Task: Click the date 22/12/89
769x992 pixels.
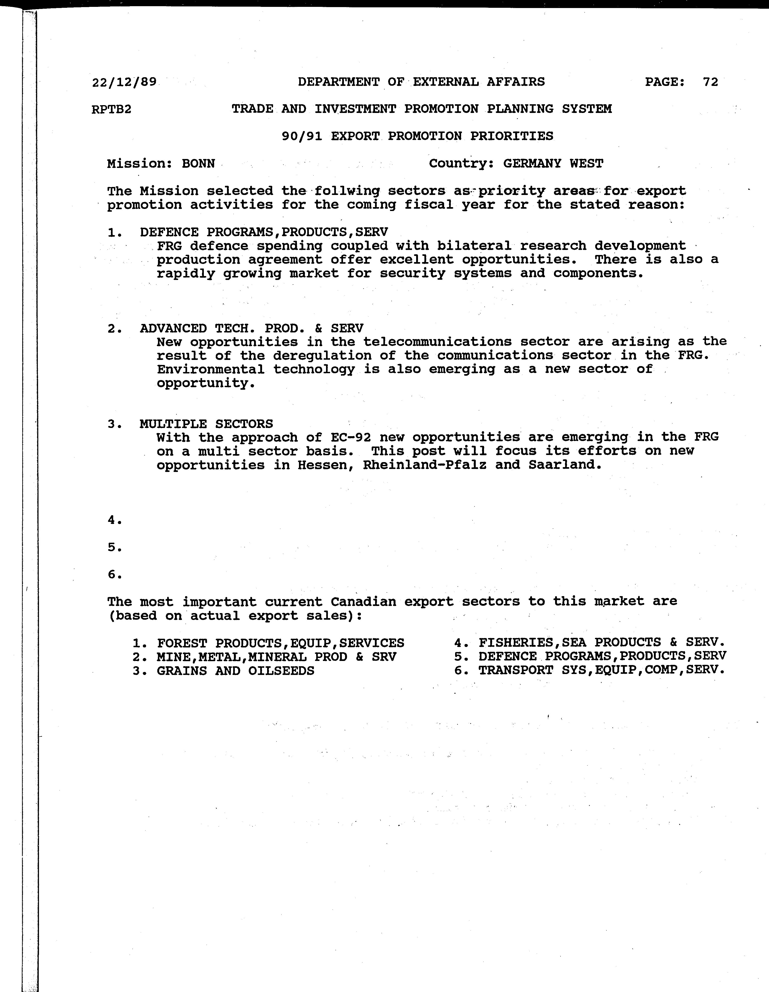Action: (124, 82)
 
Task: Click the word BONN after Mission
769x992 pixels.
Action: (198, 164)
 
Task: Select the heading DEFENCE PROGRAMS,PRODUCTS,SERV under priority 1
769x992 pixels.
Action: (264, 232)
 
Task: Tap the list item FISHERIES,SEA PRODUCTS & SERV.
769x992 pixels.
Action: (601, 642)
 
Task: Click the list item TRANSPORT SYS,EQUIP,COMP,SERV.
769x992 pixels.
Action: (601, 670)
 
